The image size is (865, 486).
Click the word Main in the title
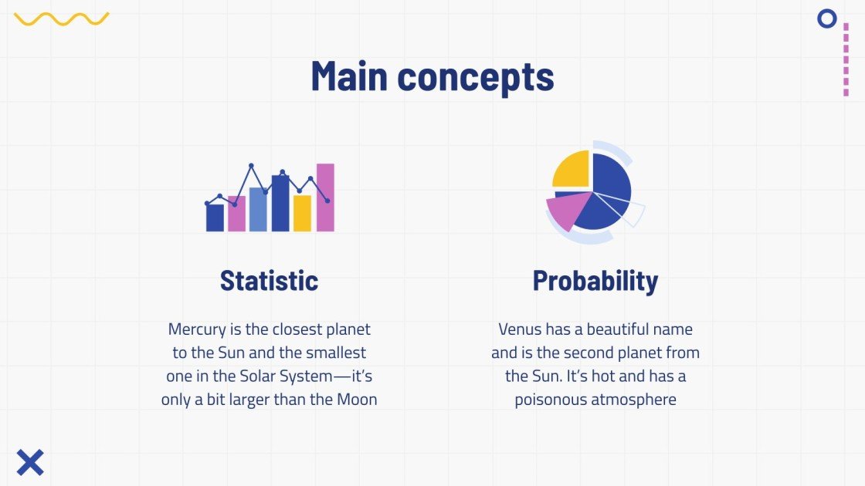[349, 76]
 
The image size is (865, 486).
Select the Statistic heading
[269, 280]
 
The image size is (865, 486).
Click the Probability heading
[595, 280]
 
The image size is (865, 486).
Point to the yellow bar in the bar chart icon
[302, 214]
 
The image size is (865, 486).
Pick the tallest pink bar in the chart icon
[325, 197]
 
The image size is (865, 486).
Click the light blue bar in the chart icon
[258, 209]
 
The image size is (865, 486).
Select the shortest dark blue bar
[215, 218]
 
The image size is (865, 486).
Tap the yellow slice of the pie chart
[572, 170]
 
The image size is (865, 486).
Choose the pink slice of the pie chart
[564, 211]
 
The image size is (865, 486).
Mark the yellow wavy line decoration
[62, 19]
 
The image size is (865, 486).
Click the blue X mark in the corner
[30, 462]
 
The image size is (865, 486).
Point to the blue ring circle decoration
[827, 19]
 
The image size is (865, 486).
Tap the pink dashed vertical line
[846, 59]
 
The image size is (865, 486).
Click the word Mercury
[195, 329]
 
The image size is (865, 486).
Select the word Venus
[520, 329]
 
